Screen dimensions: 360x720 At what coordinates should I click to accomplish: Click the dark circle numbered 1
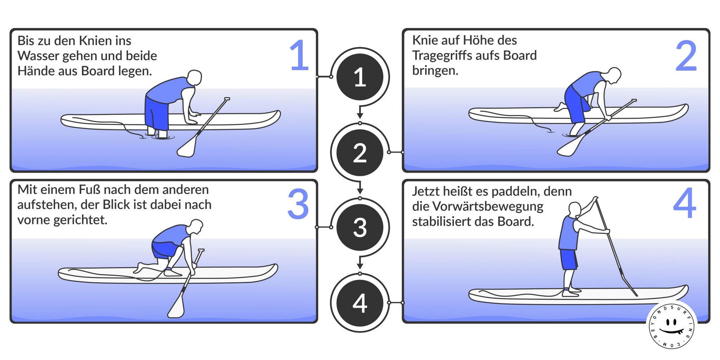360,77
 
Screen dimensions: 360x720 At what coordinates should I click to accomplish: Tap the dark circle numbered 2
360,153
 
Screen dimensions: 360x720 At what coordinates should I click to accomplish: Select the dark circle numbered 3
360,227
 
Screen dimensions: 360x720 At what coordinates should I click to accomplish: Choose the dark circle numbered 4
360,303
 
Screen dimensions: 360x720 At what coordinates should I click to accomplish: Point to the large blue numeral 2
686,56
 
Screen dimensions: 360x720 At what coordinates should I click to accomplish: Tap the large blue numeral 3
298,204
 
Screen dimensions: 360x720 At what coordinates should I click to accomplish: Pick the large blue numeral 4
684,204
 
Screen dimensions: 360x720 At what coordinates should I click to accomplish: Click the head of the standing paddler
575,209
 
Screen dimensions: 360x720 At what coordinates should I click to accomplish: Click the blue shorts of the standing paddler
568,259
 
